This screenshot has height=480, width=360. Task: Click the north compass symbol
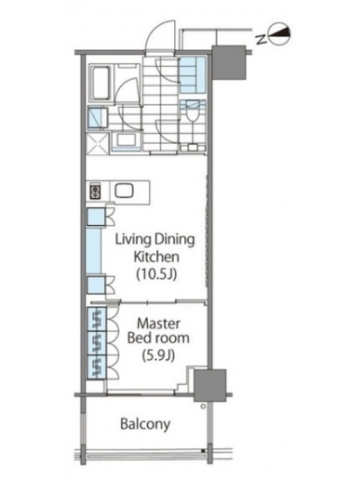point(278,35)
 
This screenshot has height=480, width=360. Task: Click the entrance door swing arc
point(159,34)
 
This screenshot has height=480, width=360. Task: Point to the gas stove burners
point(95,191)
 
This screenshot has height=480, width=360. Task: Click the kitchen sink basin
point(124,191)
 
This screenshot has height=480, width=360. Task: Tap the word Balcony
point(145,424)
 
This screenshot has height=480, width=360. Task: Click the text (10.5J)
point(157,274)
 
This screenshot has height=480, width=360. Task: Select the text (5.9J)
point(158,355)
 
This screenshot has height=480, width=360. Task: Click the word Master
point(158,323)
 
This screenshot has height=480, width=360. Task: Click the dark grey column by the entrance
point(229,62)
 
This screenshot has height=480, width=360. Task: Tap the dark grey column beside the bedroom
point(210,385)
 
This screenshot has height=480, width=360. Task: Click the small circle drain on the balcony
point(203,407)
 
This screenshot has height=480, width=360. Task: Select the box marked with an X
point(97,143)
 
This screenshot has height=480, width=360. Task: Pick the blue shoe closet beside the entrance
point(193,75)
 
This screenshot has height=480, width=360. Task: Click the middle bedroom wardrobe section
point(97,343)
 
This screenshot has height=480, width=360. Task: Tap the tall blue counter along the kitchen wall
point(94,250)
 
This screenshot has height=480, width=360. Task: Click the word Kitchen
point(157,257)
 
